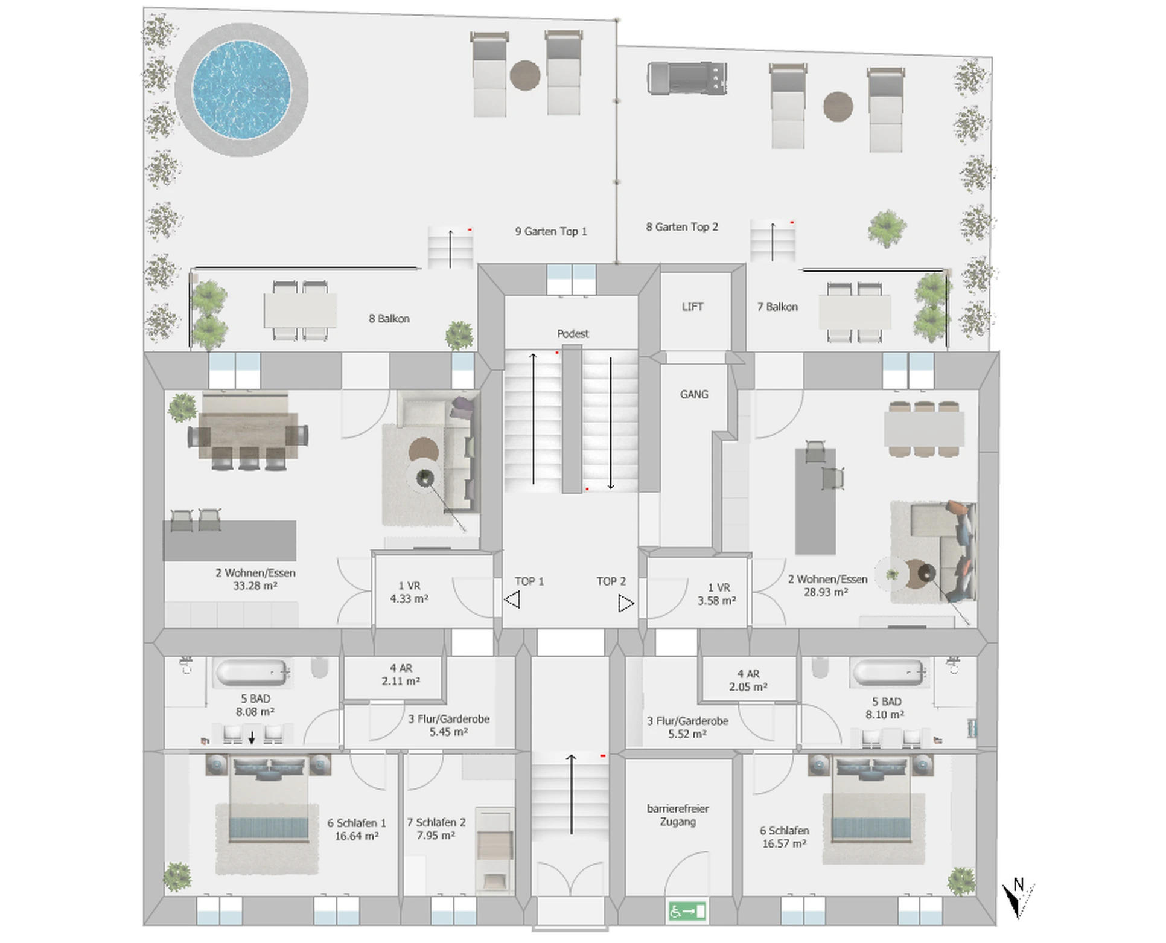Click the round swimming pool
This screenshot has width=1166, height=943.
(x=241, y=89)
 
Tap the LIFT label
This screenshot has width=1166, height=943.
(x=692, y=307)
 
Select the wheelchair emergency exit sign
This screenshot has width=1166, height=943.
(x=687, y=911)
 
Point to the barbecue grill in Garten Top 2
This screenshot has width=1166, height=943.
(x=687, y=78)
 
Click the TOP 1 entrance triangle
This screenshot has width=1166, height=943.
(x=512, y=600)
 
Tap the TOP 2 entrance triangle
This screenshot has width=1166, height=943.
(x=626, y=603)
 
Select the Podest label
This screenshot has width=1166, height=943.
(x=573, y=334)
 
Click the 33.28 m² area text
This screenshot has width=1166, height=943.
(x=255, y=586)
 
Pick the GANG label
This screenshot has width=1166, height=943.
(x=694, y=394)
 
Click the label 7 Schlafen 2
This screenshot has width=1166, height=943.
(x=436, y=822)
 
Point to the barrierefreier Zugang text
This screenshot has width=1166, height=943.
(x=678, y=815)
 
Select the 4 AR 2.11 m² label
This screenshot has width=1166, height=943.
(x=401, y=674)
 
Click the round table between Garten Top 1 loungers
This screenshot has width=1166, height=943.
(x=525, y=75)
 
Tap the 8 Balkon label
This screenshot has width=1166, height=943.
(x=389, y=319)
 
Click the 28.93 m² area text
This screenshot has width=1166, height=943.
(x=826, y=592)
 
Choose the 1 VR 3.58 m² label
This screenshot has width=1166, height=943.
(x=717, y=594)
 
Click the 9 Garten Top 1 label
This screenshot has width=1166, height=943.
(x=551, y=231)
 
